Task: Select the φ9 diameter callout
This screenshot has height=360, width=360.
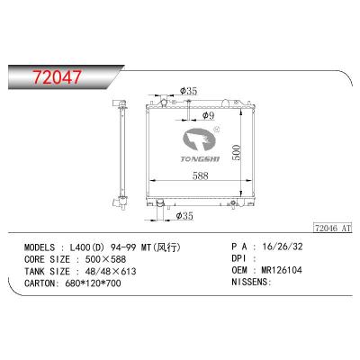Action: click(x=208, y=115)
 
